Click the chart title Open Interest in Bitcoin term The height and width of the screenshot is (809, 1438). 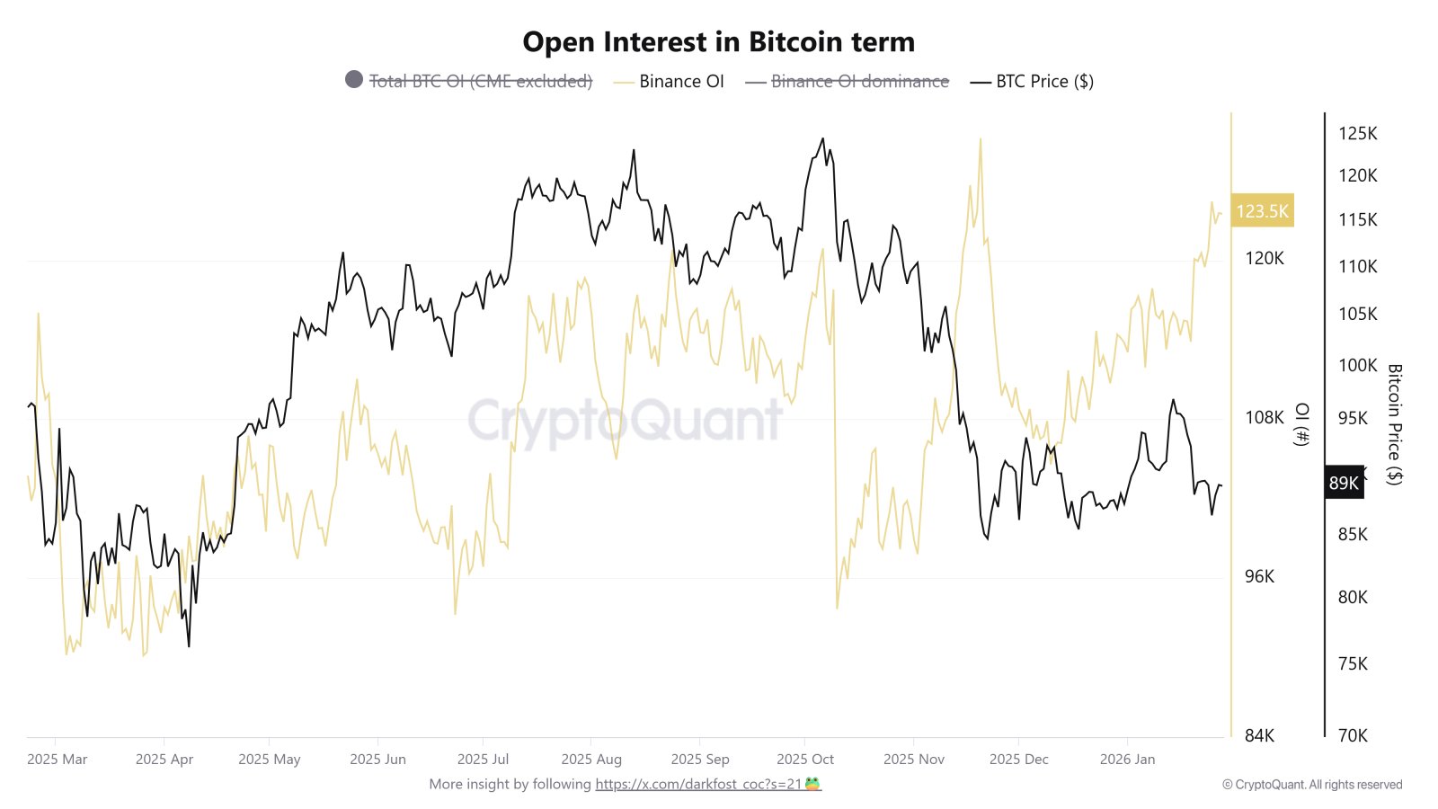tap(718, 42)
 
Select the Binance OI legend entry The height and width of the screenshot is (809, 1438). tap(680, 82)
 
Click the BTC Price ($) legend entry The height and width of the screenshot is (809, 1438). tap(1043, 82)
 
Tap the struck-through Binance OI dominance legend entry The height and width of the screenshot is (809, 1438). tap(859, 82)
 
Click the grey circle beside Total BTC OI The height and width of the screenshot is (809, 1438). tap(354, 80)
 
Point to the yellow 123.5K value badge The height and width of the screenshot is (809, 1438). tap(1262, 211)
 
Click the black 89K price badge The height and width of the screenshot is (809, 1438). tap(1344, 483)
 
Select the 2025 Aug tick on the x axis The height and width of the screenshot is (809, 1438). tap(590, 760)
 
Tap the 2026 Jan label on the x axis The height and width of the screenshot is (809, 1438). tap(1127, 760)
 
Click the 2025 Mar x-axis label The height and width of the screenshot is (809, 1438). tap(58, 760)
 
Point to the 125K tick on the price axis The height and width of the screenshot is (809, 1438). tap(1357, 134)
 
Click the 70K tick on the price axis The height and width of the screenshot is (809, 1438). tap(1353, 736)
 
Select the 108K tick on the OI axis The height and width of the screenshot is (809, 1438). tap(1264, 418)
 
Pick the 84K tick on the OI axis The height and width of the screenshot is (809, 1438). tap(1259, 736)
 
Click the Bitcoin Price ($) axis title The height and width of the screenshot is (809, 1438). tap(1394, 424)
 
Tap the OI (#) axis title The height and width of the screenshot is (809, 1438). tap(1301, 424)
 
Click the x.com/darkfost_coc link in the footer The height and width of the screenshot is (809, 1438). tap(698, 784)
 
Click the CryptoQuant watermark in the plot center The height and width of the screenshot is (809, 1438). tap(625, 420)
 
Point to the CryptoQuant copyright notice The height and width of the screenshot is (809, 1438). tap(1312, 785)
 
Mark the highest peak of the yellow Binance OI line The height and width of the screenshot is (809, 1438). tap(981, 139)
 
